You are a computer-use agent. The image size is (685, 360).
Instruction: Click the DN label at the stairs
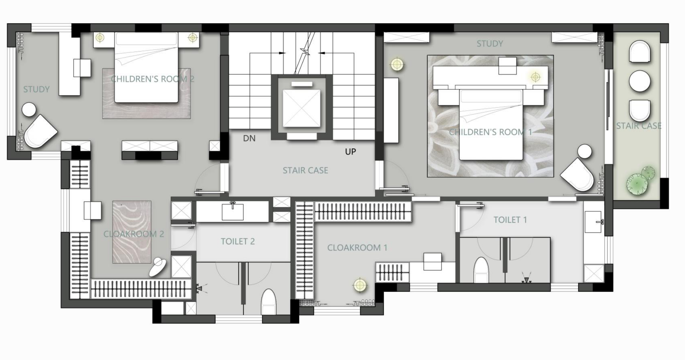point(249,138)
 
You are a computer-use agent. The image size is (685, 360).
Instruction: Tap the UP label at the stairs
point(350,151)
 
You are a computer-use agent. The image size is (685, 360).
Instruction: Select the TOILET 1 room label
point(510,220)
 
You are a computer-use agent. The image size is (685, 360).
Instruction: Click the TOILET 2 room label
point(238,241)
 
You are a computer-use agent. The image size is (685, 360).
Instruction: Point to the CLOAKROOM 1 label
point(357,248)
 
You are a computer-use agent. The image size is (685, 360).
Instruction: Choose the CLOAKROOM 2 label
point(134,234)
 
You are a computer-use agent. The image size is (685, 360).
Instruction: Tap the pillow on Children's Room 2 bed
point(146,39)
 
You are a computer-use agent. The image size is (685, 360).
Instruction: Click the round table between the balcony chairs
point(640,81)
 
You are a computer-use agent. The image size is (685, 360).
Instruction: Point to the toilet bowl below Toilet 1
point(481,270)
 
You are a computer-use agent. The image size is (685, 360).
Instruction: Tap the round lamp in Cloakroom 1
point(360,285)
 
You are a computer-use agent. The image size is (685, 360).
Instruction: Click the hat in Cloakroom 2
point(158,267)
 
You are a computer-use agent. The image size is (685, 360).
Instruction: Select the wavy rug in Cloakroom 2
point(132,232)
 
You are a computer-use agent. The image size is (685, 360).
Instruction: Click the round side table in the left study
point(29,110)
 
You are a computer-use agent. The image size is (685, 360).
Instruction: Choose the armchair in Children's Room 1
point(577,175)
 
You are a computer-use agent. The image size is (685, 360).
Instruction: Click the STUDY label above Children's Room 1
point(490,44)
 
